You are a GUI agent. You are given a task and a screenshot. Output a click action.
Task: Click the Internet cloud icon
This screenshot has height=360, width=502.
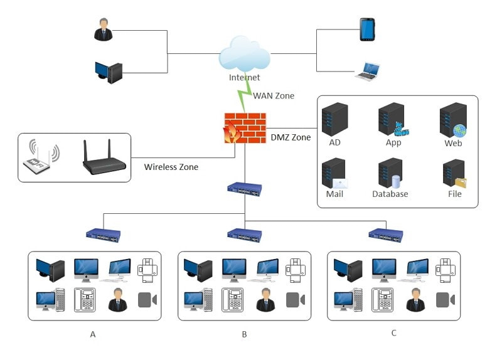tap(244, 55)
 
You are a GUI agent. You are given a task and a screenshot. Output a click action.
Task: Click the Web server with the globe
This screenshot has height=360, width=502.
tap(453, 120)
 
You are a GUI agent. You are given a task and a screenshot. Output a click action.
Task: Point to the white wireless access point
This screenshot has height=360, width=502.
tap(40, 158)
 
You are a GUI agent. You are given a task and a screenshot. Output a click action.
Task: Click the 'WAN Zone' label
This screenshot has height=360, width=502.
tap(273, 96)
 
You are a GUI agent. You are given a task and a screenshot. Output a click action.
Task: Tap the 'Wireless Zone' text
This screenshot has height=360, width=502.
tap(171, 167)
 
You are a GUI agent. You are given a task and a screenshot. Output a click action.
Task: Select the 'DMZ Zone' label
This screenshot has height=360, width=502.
tap(291, 137)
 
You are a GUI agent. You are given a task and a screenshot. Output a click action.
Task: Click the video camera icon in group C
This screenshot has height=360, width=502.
tap(445, 299)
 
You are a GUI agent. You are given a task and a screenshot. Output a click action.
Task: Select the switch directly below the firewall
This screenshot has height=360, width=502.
tap(244, 188)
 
